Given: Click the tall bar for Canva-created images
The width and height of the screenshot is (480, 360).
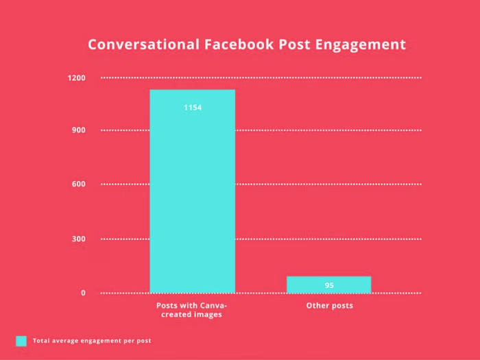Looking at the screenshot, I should click(x=192, y=199).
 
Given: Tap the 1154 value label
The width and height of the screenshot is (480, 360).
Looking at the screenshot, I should click(x=193, y=108).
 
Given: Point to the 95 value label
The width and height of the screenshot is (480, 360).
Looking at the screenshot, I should click(x=329, y=285).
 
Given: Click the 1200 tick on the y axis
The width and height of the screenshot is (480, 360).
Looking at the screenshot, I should click(x=77, y=77).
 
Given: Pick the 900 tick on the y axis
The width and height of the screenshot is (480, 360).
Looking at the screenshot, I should click(x=79, y=130).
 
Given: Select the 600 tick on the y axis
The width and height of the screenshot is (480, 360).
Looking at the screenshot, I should click(x=79, y=184).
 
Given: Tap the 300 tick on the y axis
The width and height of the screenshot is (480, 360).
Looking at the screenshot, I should click(x=79, y=239).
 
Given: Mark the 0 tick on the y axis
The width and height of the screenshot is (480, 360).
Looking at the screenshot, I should click(x=83, y=293).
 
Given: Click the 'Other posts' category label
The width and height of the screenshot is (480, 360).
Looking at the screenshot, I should click(x=329, y=305).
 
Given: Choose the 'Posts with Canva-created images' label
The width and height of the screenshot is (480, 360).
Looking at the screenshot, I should click(x=192, y=310).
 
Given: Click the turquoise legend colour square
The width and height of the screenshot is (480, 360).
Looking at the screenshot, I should click(x=21, y=341).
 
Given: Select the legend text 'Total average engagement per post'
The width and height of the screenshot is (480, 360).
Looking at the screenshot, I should click(x=92, y=341).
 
